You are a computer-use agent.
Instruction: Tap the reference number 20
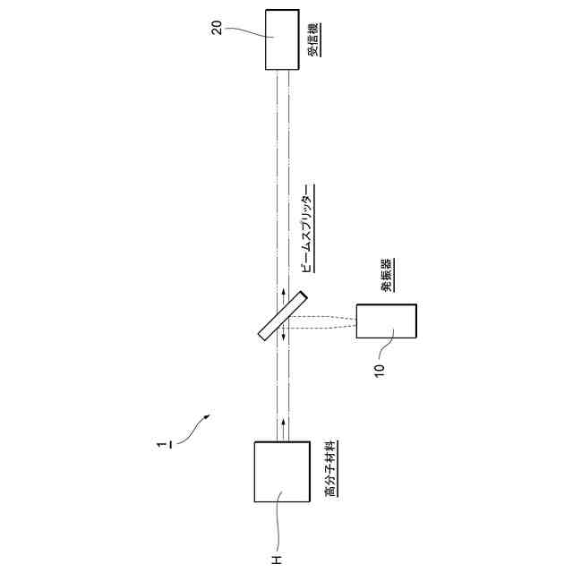click(217, 26)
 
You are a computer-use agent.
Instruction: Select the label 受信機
click(315, 40)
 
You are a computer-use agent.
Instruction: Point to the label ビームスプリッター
click(306, 232)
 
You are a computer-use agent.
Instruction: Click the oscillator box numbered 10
click(386, 321)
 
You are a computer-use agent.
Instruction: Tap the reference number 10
click(379, 367)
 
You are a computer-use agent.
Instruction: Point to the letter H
click(277, 560)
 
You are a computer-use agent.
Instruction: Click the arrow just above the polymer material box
click(285, 424)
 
